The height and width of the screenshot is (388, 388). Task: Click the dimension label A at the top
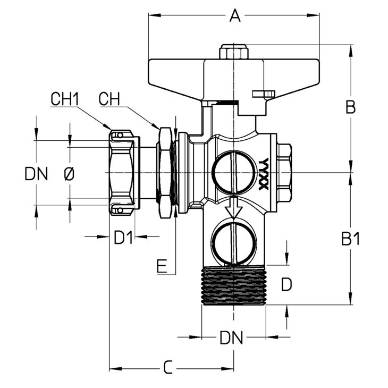235,16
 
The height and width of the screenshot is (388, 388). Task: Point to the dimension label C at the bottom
168,367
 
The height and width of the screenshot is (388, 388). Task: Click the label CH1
64,99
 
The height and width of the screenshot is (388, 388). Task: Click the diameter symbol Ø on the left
69,173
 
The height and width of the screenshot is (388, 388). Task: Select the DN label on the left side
36,173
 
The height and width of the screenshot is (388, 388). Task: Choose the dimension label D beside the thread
286,285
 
